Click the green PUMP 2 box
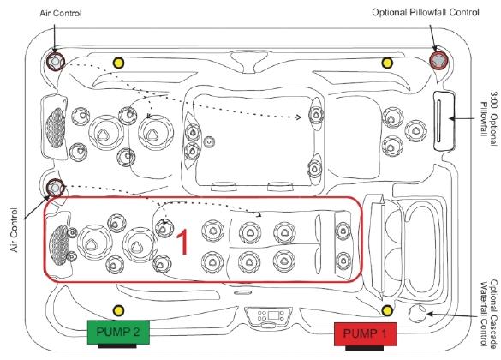point(118,333)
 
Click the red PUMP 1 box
point(365,334)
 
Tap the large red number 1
point(182,243)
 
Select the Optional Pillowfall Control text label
point(426,13)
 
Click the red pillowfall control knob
point(438,60)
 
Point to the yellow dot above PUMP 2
point(118,310)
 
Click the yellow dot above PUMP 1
point(387,310)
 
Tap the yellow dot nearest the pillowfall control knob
point(387,63)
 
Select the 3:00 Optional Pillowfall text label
point(489,113)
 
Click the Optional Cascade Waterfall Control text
point(489,314)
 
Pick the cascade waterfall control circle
point(417,314)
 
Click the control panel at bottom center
point(269,317)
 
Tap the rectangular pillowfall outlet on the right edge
point(444,121)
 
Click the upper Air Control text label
point(61,14)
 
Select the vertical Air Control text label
point(14,230)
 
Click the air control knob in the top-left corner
point(55,61)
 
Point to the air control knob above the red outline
point(56,188)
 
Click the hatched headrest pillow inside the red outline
point(59,244)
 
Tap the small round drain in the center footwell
point(209,141)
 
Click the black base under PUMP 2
point(117,346)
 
